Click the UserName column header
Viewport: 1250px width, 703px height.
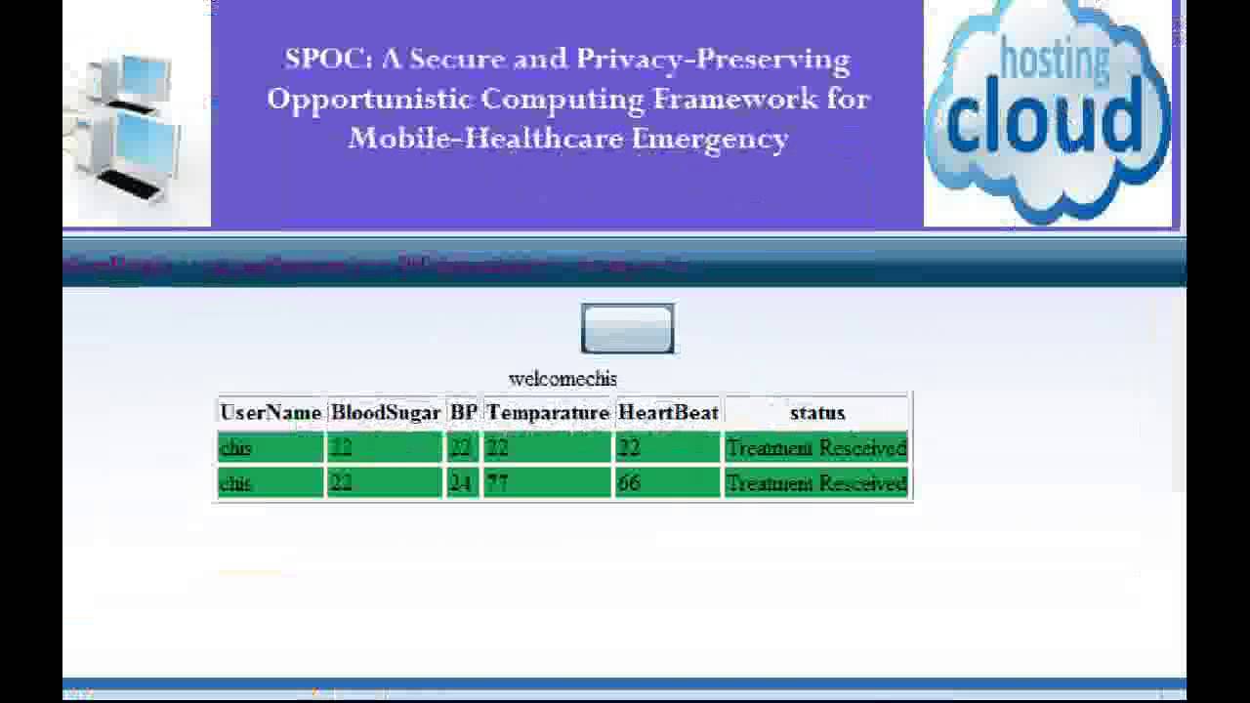coord(271,413)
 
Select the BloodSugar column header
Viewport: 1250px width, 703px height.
coord(386,413)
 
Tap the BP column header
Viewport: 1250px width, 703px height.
coord(463,413)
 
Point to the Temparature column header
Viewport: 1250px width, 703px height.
coord(548,413)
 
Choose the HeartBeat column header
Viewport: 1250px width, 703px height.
coord(668,413)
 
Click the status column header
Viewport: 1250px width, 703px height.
coord(816,413)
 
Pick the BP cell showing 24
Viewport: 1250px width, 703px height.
coord(459,483)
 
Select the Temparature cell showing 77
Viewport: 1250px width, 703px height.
coord(497,483)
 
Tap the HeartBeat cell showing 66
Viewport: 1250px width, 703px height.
coord(629,483)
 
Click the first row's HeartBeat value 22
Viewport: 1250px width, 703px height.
coord(629,448)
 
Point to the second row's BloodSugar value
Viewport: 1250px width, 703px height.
coord(340,483)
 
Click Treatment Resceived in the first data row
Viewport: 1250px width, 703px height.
coord(816,448)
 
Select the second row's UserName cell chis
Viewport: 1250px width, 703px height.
coord(235,483)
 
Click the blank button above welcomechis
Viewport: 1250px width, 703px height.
coord(627,328)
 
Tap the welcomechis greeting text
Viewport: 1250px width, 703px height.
coord(562,379)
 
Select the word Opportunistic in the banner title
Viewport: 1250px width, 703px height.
coord(369,99)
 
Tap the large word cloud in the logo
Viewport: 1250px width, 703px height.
coord(1044,117)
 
